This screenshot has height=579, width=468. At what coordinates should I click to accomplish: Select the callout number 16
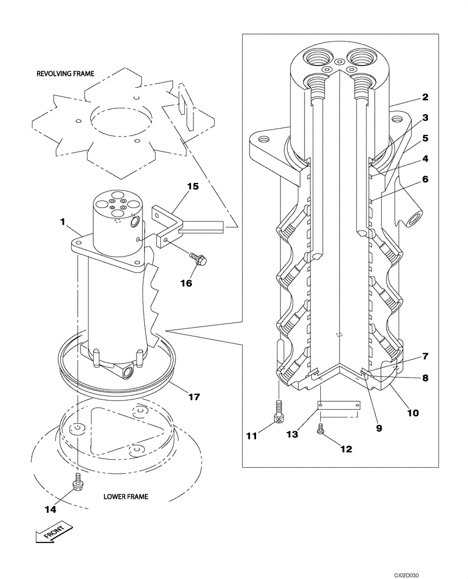pos(185,283)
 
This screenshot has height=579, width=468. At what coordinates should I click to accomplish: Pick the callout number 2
pos(425,97)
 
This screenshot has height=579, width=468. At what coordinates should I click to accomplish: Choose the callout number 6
pos(425,179)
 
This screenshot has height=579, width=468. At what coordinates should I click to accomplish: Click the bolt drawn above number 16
pos(199,261)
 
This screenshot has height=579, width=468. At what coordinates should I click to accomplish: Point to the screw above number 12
pos(320,429)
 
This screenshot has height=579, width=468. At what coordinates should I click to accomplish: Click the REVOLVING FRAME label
pos(65,74)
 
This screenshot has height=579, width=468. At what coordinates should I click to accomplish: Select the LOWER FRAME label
pos(126,496)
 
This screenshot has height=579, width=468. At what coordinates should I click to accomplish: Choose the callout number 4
pos(425,158)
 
